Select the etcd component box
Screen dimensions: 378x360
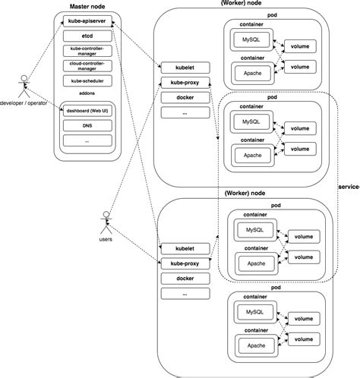[86, 36]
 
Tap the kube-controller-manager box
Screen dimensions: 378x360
[86, 51]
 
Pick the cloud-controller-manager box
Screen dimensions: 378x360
[86, 65]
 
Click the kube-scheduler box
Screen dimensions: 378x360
[86, 80]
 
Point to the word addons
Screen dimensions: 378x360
[86, 93]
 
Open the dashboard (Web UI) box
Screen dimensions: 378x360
[86, 111]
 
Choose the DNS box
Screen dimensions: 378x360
[86, 125]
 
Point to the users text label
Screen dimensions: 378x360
[106, 241]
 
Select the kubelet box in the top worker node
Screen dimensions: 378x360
[183, 67]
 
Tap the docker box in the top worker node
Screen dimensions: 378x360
[183, 96]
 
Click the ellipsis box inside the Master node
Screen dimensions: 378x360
[86, 140]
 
